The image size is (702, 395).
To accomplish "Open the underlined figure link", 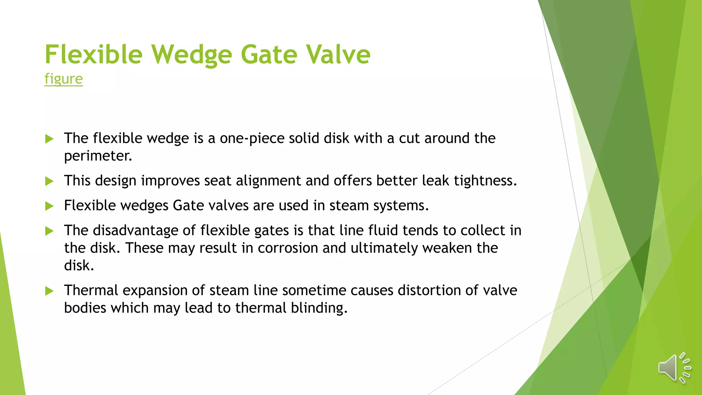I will (63, 79).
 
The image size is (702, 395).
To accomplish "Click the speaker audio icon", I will (674, 368).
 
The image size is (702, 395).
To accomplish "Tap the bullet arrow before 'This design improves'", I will (49, 181).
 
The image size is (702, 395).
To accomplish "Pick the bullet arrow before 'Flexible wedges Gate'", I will (49, 206).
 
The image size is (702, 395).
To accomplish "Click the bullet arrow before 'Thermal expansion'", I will (49, 291).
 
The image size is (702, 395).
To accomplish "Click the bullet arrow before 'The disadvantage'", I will (49, 231).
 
